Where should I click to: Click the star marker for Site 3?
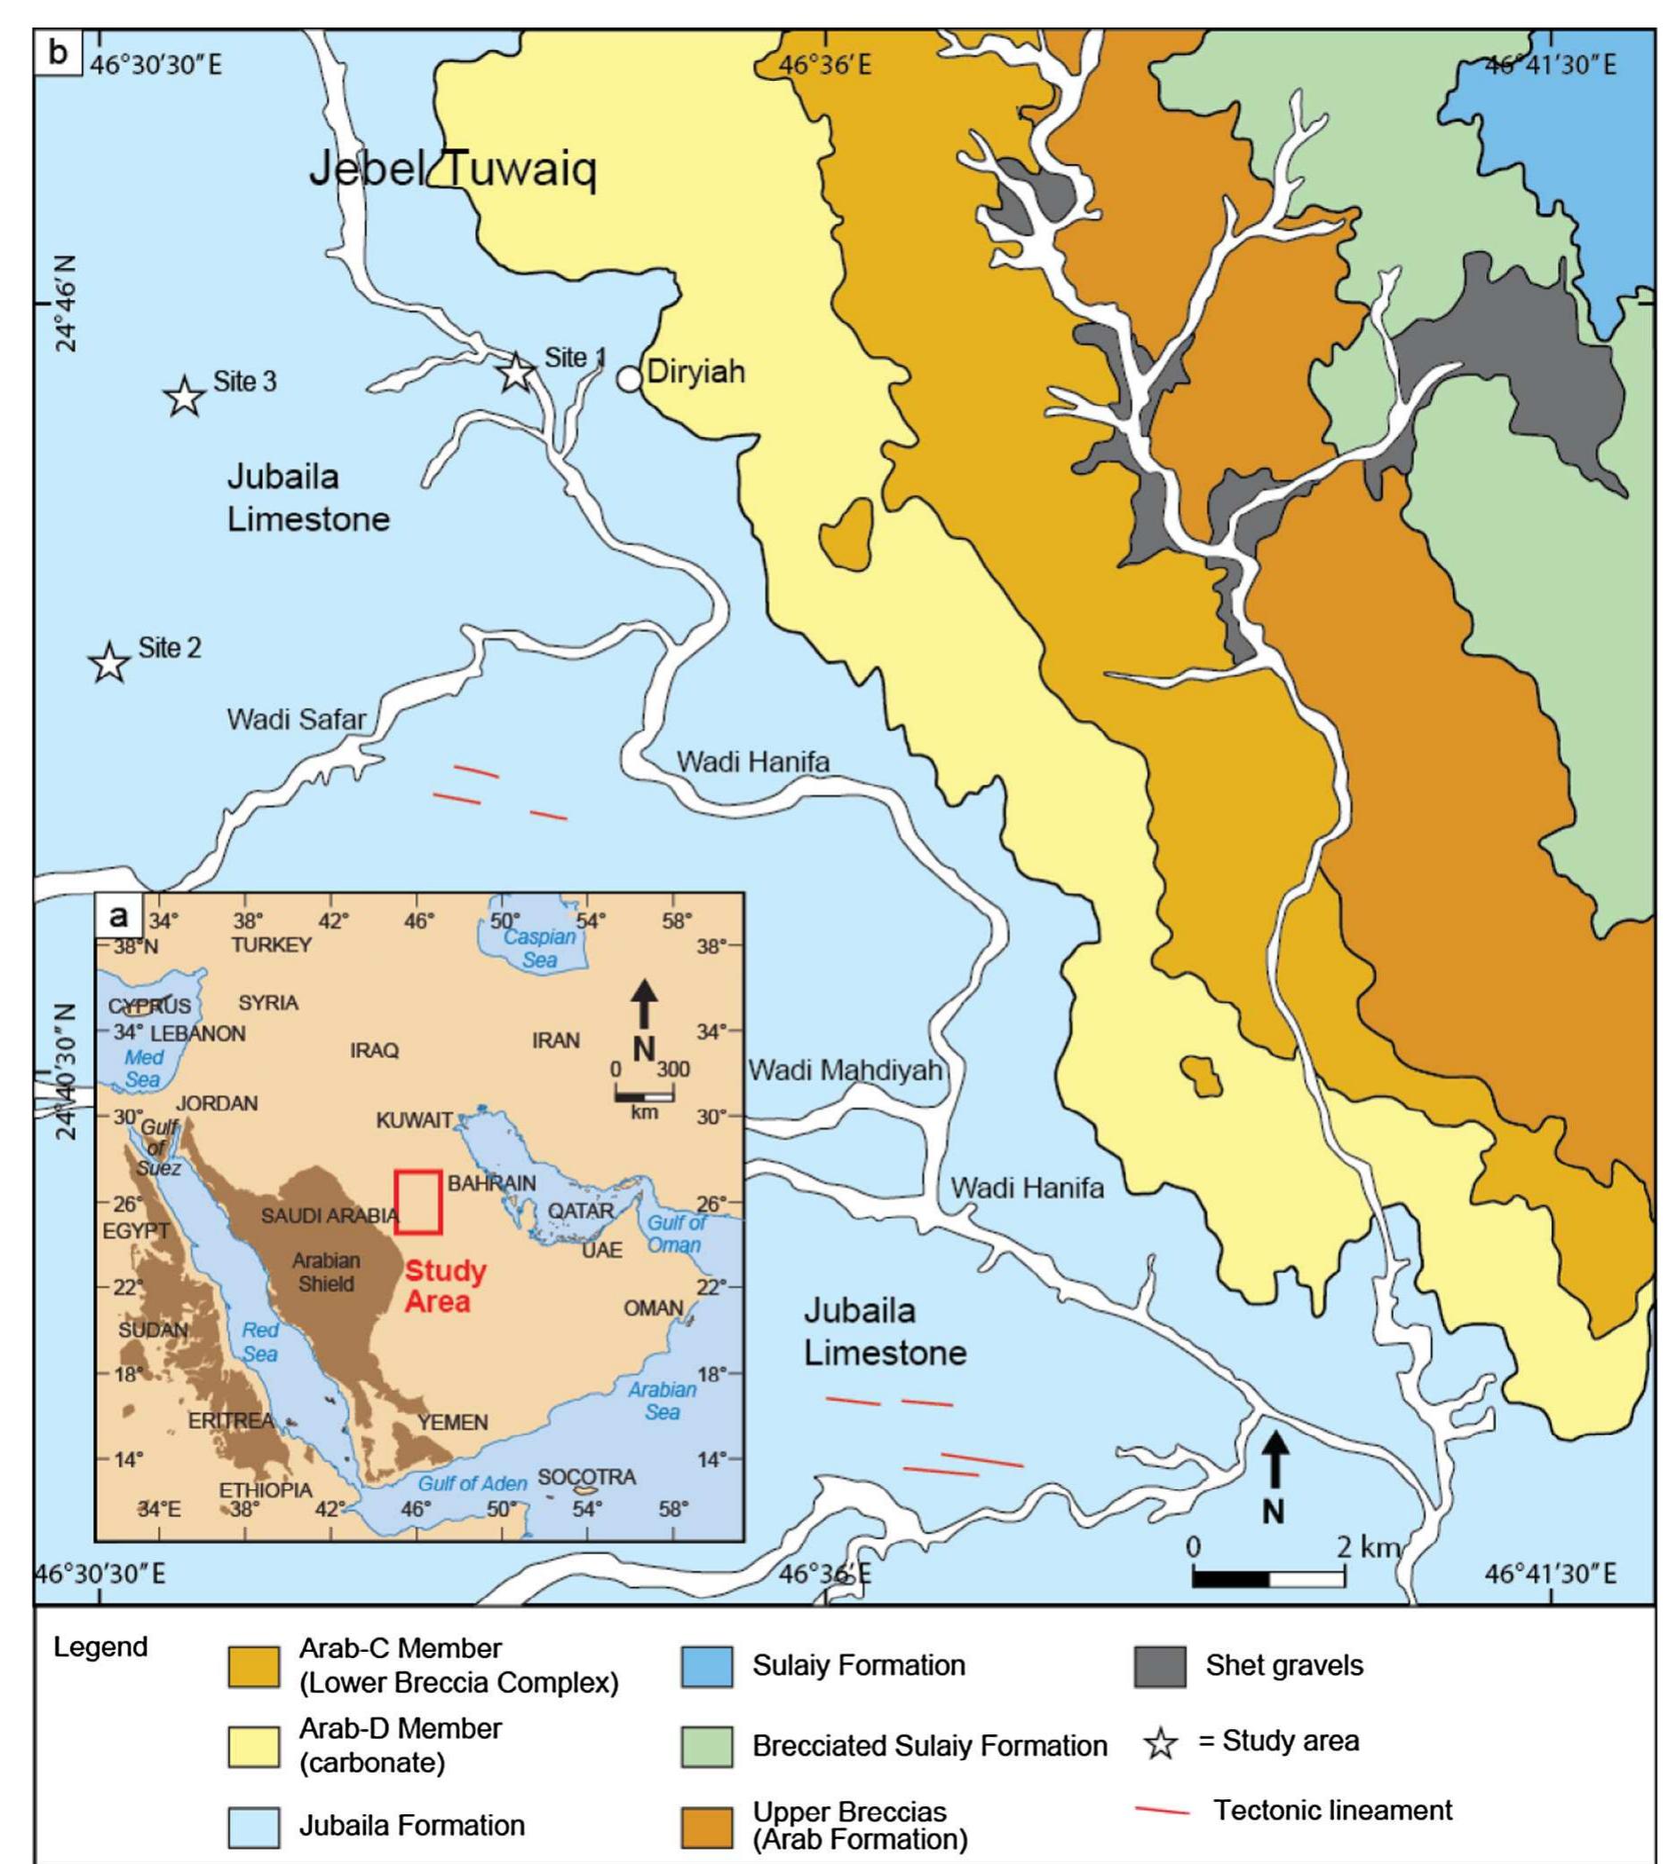tap(184, 397)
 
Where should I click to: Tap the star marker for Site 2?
tap(109, 663)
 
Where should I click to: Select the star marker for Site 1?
tap(516, 372)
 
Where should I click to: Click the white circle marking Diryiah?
tap(629, 378)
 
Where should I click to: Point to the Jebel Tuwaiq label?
tap(452, 170)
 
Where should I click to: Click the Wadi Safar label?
tap(297, 719)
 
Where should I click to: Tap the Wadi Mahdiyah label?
tap(845, 1070)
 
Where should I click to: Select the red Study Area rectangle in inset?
tap(418, 1201)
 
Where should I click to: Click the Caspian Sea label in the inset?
tap(540, 948)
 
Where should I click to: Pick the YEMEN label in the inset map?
tap(452, 1422)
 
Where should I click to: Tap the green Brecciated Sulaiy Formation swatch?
tap(707, 1746)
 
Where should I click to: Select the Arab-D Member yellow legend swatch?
tap(253, 1746)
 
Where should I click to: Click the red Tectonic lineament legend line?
tap(1162, 1812)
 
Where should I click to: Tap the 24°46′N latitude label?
tap(66, 304)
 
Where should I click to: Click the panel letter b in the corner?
tap(59, 52)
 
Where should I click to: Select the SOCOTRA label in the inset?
tap(586, 1476)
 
